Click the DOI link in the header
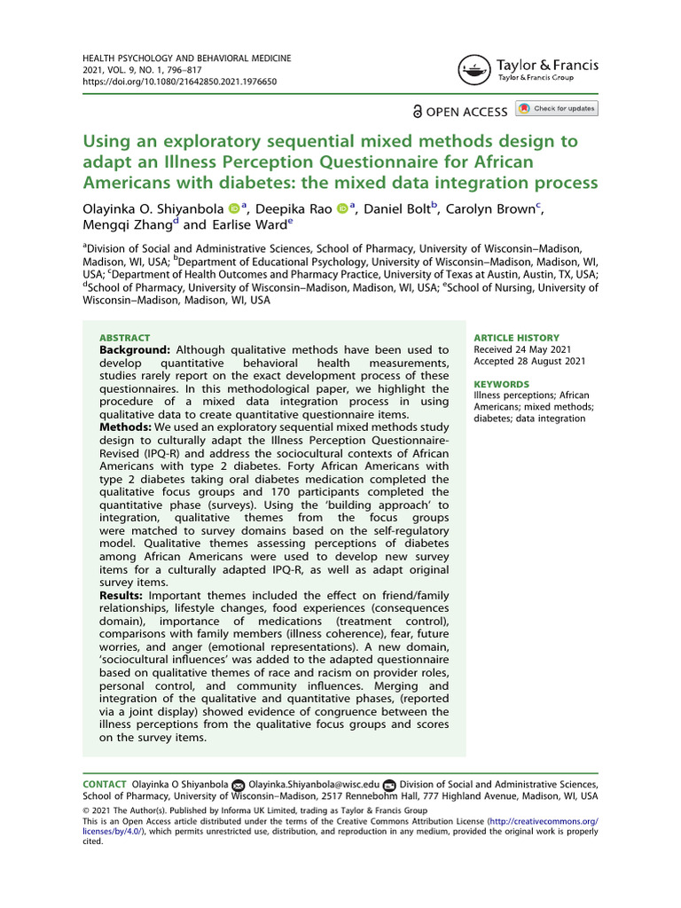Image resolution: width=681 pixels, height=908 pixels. tap(179, 81)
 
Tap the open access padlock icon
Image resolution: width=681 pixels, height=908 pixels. tap(418, 112)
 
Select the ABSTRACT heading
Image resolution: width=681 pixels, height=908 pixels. tap(124, 338)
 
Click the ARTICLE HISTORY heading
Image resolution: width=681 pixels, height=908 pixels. tap(517, 338)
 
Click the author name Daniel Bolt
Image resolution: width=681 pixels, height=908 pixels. tap(402, 208)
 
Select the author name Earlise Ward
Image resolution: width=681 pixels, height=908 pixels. tap(246, 224)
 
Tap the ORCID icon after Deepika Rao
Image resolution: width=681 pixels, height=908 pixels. tap(342, 208)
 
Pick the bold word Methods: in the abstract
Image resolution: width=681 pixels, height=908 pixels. tap(125, 428)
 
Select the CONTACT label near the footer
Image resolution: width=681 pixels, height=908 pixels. tap(104, 785)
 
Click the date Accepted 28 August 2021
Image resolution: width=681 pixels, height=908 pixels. tap(530, 361)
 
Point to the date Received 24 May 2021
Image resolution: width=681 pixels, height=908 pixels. tap(523, 349)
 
